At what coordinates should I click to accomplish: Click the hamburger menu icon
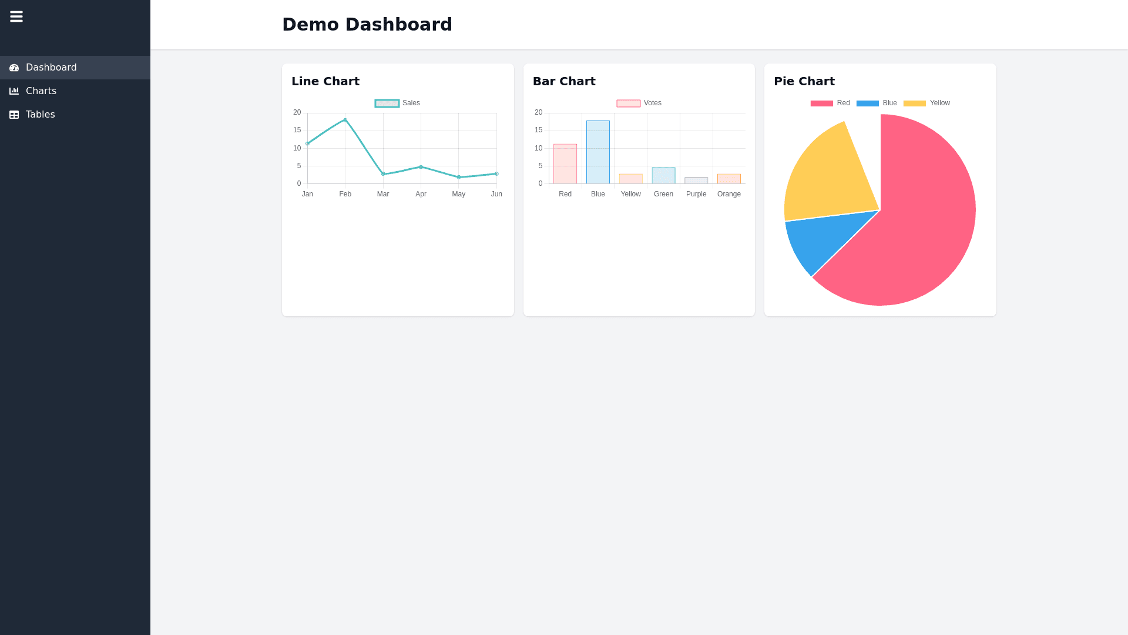pyautogui.click(x=16, y=16)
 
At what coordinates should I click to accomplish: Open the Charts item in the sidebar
pyautogui.click(x=41, y=91)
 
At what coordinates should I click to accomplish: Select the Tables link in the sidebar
pyautogui.click(x=40, y=115)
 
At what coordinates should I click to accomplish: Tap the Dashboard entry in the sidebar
pyautogui.click(x=51, y=68)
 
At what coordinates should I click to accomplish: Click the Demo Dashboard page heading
pyautogui.click(x=367, y=25)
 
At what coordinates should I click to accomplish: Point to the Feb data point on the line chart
pyautogui.click(x=345, y=120)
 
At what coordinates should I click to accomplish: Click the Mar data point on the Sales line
pyautogui.click(x=383, y=174)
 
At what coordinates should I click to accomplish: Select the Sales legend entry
pyautogui.click(x=398, y=103)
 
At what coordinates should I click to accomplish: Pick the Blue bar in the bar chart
pyautogui.click(x=598, y=152)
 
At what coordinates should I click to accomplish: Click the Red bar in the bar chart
pyautogui.click(x=565, y=164)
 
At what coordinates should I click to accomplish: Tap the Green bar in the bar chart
pyautogui.click(x=663, y=176)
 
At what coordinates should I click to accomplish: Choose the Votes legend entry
pyautogui.click(x=639, y=103)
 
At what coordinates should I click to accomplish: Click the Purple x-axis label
pyautogui.click(x=696, y=194)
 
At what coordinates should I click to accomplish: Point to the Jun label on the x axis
pyautogui.click(x=496, y=194)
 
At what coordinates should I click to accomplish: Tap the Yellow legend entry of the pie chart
pyautogui.click(x=926, y=103)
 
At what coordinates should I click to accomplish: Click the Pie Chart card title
pyautogui.click(x=804, y=82)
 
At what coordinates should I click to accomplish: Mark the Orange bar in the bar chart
pyautogui.click(x=729, y=179)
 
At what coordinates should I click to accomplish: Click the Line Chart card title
pyautogui.click(x=325, y=82)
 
